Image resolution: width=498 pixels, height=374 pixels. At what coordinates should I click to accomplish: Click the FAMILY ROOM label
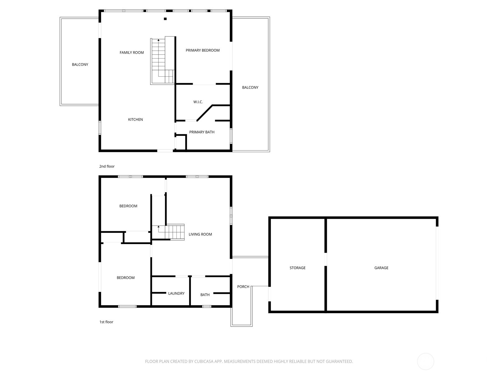132,52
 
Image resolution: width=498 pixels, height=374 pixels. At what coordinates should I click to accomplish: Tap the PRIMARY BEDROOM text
203,50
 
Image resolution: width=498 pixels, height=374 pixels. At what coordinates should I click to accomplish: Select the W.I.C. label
198,102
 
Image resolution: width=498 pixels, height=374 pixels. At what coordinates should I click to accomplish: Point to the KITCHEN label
135,119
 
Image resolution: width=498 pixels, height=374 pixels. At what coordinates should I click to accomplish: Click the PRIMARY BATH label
202,132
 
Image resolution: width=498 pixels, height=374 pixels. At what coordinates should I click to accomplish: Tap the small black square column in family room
165,19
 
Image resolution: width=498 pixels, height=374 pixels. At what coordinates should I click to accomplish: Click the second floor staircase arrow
158,40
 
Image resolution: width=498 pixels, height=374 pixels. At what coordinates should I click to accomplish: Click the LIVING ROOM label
200,234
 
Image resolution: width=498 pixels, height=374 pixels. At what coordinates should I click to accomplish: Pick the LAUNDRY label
176,293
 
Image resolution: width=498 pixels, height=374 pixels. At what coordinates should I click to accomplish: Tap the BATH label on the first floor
205,295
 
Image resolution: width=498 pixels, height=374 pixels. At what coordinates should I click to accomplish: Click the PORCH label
243,286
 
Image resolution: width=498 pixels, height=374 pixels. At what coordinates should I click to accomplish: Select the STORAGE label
298,268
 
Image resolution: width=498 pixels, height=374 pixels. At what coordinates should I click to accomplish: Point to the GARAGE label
381,268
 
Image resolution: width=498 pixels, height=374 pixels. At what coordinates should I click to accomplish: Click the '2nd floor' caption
107,166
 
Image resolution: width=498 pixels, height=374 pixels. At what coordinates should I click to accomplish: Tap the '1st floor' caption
106,322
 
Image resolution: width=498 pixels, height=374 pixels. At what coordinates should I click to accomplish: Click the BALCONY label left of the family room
80,65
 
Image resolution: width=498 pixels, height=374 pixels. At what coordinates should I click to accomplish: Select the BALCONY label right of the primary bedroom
250,87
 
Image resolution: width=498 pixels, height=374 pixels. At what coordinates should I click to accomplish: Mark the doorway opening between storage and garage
326,259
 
